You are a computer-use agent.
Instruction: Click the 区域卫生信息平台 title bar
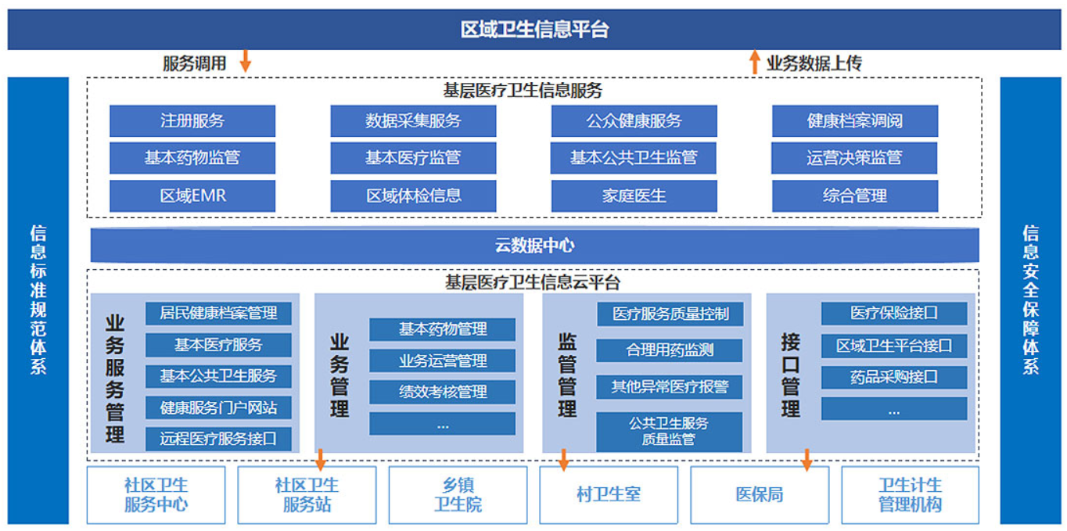tap(534, 29)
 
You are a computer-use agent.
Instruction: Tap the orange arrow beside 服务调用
tap(246, 61)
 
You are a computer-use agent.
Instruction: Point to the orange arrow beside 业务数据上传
tap(755, 62)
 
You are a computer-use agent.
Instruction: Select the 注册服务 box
tap(192, 121)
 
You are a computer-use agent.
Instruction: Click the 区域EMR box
tap(192, 196)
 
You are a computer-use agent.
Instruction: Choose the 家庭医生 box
tap(634, 196)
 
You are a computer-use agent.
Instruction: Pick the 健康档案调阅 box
tap(855, 121)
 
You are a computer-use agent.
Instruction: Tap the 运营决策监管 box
tap(854, 158)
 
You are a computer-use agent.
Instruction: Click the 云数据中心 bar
tap(534, 246)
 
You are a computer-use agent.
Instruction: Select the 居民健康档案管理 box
tap(218, 314)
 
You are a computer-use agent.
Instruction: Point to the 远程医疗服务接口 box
tap(218, 439)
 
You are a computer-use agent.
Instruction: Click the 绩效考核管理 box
tap(443, 392)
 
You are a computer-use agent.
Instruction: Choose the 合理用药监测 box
tap(670, 350)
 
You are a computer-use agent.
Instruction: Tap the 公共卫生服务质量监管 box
tap(670, 432)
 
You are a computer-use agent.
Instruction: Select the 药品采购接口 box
tap(894, 378)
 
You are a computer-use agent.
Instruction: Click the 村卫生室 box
tap(609, 495)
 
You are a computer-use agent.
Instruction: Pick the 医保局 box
tap(760, 495)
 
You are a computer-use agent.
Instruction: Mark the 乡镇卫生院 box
tap(458, 495)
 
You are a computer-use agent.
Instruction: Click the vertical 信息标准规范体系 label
tap(38, 300)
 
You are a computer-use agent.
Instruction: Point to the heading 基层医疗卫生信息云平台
tap(533, 282)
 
